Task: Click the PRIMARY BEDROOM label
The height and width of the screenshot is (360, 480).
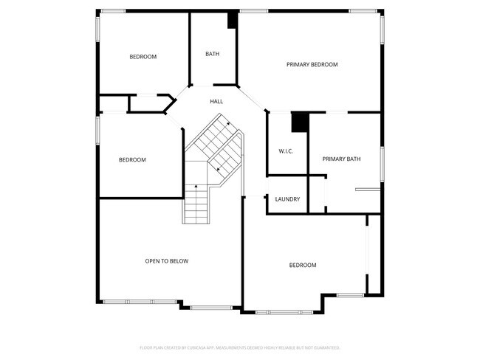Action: (312, 65)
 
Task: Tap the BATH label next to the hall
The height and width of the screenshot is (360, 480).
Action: (212, 54)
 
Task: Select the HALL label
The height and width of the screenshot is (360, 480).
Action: (216, 102)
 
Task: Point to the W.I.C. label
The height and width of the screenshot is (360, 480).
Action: (287, 151)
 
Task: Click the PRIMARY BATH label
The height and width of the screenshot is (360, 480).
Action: (341, 159)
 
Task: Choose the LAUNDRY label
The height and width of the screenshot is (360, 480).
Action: (287, 199)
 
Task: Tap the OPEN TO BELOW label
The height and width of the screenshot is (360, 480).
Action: (166, 261)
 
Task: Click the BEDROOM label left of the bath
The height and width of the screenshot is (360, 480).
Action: (143, 57)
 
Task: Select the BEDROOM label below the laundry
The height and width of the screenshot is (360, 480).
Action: (302, 266)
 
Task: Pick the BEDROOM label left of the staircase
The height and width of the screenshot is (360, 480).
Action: (132, 160)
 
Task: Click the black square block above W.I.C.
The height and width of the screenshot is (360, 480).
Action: (300, 122)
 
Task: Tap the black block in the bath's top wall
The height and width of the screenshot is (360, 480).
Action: (233, 20)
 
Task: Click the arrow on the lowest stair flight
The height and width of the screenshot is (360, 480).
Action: (196, 187)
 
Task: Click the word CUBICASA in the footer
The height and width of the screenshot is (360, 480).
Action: (194, 347)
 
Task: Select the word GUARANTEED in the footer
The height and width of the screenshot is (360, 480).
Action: (326, 347)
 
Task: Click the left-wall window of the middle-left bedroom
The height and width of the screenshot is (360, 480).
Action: (97, 129)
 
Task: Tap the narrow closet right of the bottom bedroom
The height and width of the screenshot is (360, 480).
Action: (375, 255)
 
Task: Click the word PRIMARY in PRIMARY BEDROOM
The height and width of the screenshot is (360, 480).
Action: (298, 65)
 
